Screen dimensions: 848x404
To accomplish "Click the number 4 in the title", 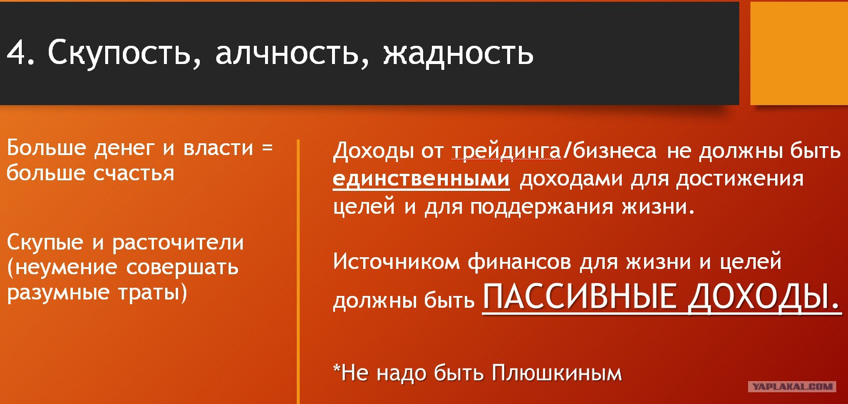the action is tap(16, 53).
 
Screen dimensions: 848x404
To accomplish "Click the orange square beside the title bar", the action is tap(799, 53).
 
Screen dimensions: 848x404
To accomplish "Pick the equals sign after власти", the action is tap(267, 147).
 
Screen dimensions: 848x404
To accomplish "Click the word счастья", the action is tap(133, 174).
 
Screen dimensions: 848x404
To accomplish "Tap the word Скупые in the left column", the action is tap(45, 243).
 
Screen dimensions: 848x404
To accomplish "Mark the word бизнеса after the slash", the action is tap(615, 150).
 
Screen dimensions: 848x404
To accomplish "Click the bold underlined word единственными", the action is tap(421, 179).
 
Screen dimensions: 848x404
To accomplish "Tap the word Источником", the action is tap(396, 262).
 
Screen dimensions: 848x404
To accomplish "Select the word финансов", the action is tap(519, 261).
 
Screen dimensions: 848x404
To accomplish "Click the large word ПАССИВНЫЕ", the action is tap(579, 297).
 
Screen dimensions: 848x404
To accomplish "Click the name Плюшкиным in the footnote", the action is tap(557, 373).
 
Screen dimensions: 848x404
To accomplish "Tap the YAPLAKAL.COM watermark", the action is tap(792, 386).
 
